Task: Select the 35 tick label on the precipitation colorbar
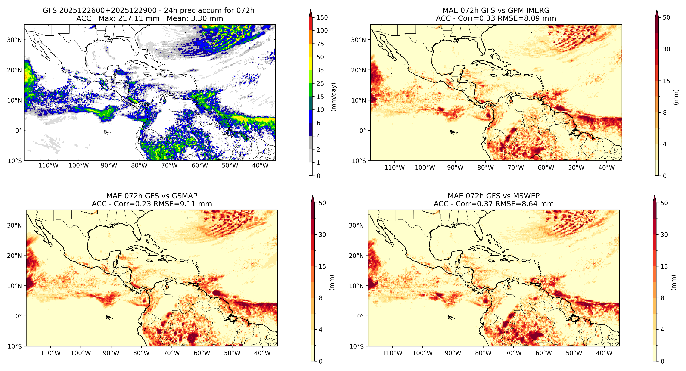click(x=320, y=70)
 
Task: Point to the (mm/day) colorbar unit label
click(x=333, y=97)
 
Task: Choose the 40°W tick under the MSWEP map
click(x=604, y=353)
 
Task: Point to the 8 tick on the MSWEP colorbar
click(x=663, y=298)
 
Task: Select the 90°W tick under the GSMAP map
click(x=111, y=353)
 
